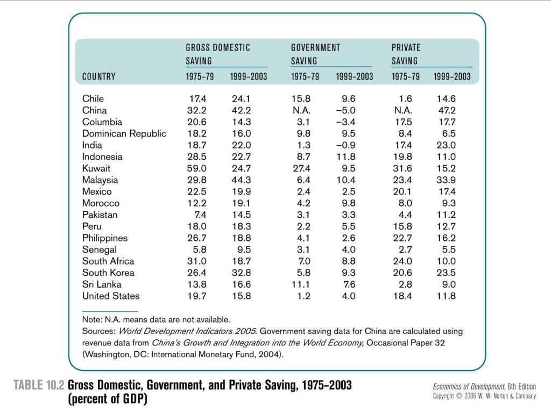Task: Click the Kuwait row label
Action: click(96, 168)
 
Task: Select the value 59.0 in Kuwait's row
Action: click(197, 168)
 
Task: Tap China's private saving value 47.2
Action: click(446, 110)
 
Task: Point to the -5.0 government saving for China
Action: click(346, 110)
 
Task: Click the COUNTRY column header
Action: click(99, 76)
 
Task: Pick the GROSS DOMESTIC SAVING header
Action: click(218, 54)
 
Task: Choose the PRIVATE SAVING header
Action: click(406, 54)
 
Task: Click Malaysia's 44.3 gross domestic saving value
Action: click(242, 180)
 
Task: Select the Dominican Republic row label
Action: click(124, 133)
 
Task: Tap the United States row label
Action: click(111, 296)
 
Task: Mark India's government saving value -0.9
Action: click(346, 145)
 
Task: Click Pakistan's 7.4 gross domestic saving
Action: click(198, 215)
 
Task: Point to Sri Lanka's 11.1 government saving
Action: click(301, 284)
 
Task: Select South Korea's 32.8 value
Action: click(242, 273)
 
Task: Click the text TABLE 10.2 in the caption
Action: click(39, 385)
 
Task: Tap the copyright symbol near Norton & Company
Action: click(459, 396)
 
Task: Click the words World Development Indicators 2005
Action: click(187, 331)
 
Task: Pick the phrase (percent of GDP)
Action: click(108, 399)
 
